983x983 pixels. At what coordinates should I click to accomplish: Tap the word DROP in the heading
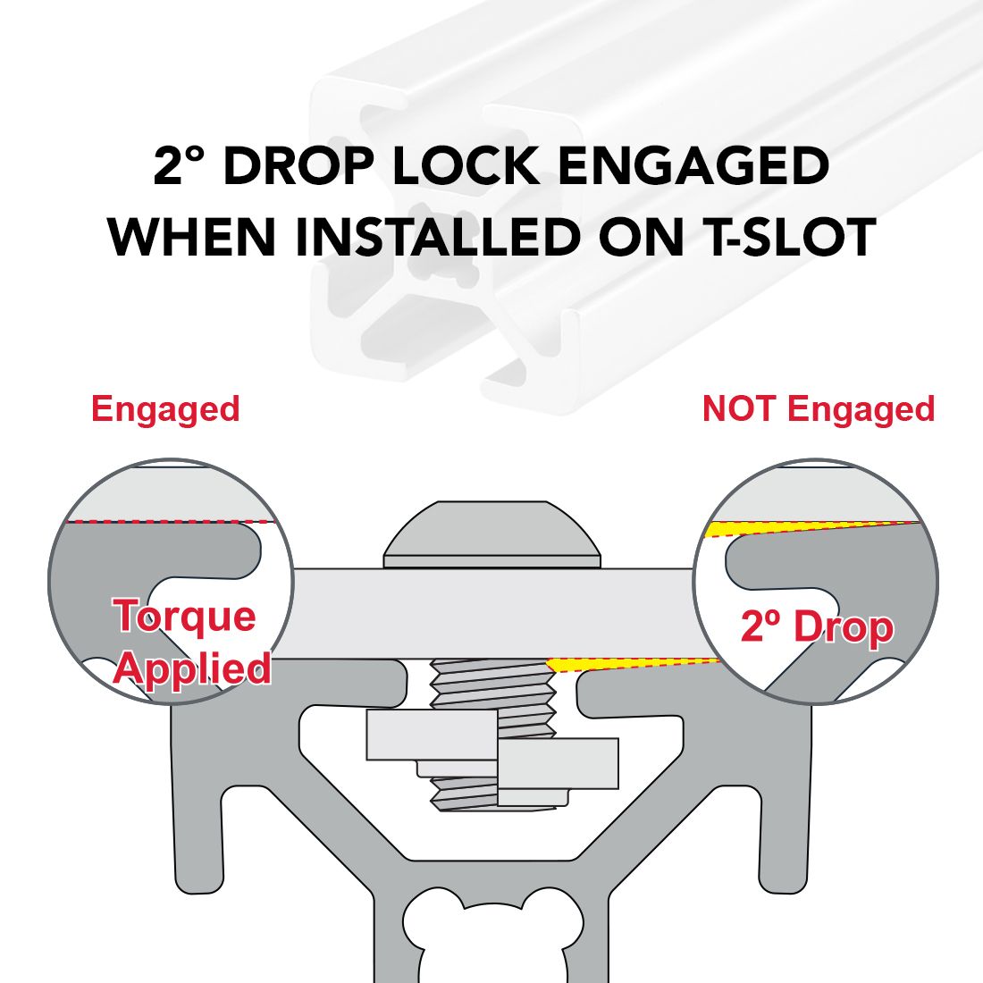pos(299,166)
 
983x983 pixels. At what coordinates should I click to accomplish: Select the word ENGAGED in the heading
pos(693,166)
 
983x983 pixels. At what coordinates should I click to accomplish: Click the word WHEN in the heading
pos(192,237)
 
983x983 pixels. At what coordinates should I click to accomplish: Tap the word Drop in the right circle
pos(844,626)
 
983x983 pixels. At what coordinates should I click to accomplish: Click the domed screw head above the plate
pos(492,534)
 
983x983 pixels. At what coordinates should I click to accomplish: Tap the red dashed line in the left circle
pos(172,521)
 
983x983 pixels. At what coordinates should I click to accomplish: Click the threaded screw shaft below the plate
pos(493,734)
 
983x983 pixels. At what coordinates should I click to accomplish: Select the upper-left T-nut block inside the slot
pos(432,735)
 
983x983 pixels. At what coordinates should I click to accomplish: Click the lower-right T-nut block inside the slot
pos(558,763)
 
